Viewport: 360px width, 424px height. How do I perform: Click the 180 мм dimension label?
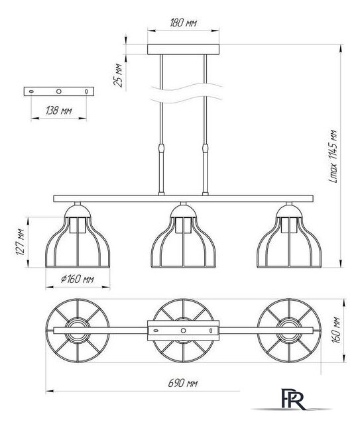point(183,23)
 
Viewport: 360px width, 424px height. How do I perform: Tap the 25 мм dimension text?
point(118,75)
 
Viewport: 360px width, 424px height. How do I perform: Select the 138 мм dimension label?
point(59,111)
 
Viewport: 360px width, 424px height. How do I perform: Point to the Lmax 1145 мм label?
point(333,156)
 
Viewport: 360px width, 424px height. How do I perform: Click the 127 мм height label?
point(21,242)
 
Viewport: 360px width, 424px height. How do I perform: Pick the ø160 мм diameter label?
point(78,279)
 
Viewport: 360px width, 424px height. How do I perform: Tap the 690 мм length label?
point(183,383)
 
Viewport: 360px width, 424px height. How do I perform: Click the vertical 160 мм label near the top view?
point(336,330)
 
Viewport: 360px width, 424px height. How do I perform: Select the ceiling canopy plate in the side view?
point(183,50)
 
